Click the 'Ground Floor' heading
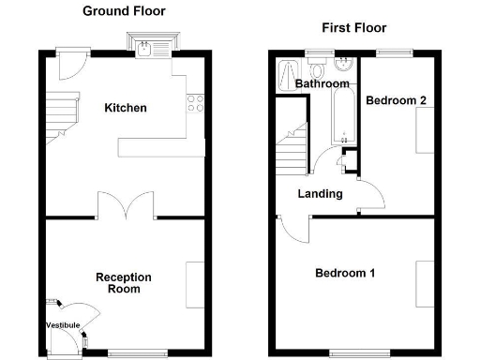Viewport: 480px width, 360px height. tap(124, 11)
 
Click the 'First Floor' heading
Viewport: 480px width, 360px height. tap(353, 28)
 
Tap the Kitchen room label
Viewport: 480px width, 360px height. tap(126, 108)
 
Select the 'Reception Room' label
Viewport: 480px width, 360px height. tap(123, 283)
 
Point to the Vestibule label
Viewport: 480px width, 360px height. tap(63, 325)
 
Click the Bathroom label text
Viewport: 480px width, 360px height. tap(316, 84)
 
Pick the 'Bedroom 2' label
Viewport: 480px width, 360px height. tap(397, 100)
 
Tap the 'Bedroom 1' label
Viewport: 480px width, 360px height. tap(345, 274)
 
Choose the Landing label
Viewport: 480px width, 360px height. tap(319, 194)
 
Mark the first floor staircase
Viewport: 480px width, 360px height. tap(293, 150)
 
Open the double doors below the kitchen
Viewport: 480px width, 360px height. tap(126, 203)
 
